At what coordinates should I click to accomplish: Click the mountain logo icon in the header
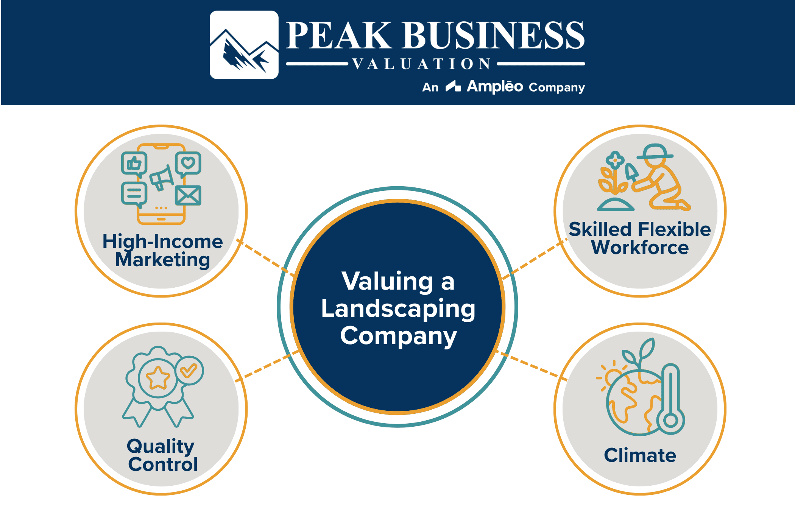[244, 45]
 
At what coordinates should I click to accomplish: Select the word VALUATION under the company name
[422, 64]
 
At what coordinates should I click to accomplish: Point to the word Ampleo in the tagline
[495, 87]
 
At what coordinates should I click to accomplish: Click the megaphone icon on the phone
[162, 177]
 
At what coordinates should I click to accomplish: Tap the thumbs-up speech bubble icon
[134, 164]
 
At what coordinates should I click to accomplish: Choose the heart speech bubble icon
[188, 164]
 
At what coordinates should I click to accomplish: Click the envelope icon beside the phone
[188, 195]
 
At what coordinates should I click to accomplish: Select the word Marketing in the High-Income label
[162, 260]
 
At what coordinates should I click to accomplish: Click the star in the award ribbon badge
[158, 378]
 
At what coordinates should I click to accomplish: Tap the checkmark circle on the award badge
[189, 371]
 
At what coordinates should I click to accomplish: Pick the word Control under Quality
[163, 465]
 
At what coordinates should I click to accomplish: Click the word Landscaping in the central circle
[398, 309]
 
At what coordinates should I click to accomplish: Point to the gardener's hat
[655, 152]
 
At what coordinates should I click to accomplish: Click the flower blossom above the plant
[615, 160]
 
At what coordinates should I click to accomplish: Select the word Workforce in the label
[640, 248]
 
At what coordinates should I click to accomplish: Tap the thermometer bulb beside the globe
[670, 420]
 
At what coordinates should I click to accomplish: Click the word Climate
[640, 455]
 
